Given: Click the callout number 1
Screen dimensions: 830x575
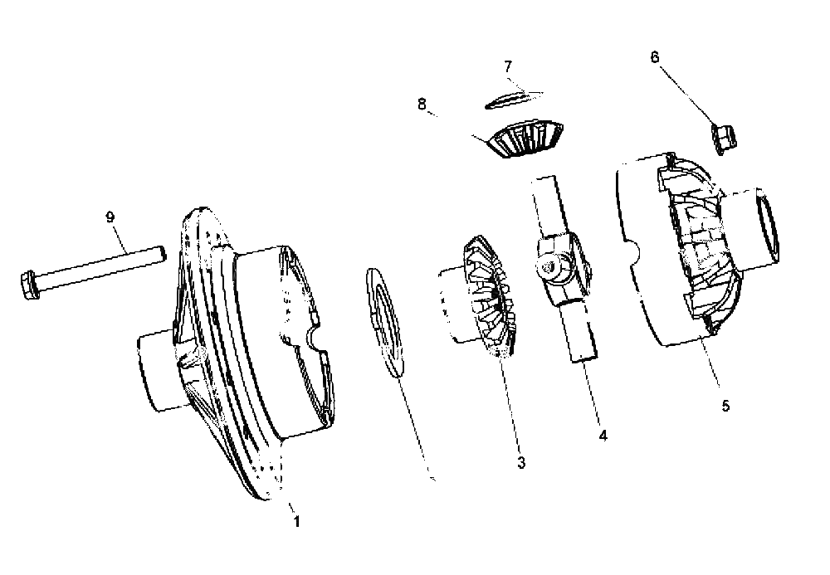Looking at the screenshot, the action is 296,521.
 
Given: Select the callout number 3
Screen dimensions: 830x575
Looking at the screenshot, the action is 521,462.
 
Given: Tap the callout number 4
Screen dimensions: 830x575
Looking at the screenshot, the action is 603,436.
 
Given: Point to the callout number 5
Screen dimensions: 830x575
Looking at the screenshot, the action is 725,406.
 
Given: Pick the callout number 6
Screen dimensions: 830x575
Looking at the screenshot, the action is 655,57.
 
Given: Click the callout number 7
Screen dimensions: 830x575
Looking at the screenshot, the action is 508,66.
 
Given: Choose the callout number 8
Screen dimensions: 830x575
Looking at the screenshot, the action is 422,105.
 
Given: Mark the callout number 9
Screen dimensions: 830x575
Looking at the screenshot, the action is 110,217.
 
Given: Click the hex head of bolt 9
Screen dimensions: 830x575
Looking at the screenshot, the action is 29,285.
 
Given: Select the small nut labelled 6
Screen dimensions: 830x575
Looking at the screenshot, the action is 724,138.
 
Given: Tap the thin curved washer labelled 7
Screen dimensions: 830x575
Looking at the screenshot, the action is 514,99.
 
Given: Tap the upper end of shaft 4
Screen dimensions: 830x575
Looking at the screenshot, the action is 544,185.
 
